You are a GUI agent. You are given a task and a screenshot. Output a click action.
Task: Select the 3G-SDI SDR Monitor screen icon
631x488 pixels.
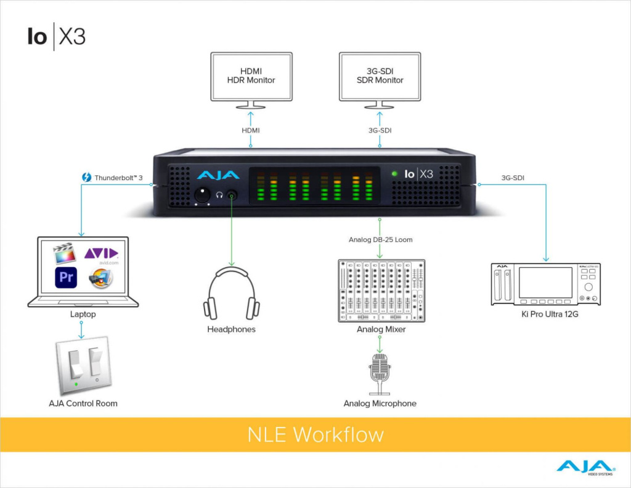(x=380, y=76)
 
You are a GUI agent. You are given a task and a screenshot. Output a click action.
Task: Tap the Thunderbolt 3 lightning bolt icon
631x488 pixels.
(x=87, y=178)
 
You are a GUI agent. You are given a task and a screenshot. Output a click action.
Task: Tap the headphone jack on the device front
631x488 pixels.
(x=232, y=195)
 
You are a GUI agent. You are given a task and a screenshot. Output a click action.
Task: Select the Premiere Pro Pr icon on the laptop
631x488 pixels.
(x=65, y=277)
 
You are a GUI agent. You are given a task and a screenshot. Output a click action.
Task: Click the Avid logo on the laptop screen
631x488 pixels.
(x=100, y=254)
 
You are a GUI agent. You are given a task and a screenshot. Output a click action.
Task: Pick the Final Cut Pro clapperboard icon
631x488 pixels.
(x=65, y=254)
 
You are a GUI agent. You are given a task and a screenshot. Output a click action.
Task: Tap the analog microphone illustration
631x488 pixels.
(x=380, y=374)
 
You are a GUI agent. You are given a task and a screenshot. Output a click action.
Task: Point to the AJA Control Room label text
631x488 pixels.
(x=83, y=403)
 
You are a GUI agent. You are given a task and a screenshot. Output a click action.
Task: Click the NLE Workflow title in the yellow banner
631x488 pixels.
(x=315, y=434)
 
